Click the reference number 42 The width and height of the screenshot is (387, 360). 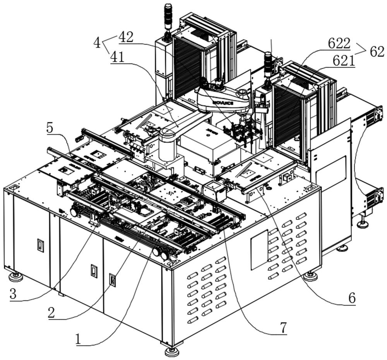(x=126, y=38)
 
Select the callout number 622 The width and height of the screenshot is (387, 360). (x=339, y=44)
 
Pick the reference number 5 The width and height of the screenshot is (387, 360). (x=50, y=128)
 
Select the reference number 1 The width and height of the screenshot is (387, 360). (x=79, y=339)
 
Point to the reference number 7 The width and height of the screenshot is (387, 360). (x=284, y=328)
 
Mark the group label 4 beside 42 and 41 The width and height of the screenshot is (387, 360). (x=97, y=43)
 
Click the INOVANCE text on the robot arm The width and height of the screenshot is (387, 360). (x=223, y=103)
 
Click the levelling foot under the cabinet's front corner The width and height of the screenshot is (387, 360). (x=172, y=351)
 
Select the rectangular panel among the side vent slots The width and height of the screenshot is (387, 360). (x=259, y=249)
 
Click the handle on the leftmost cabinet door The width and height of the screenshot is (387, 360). (x=40, y=245)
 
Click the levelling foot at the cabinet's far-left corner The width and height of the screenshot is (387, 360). (x=15, y=276)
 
